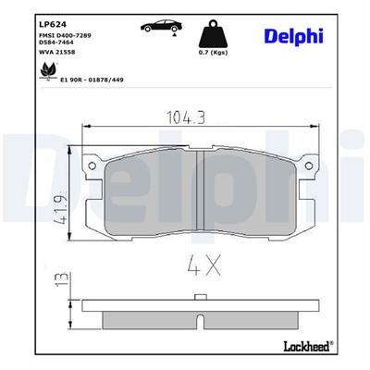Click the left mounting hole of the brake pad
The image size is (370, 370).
pos(92,166)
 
